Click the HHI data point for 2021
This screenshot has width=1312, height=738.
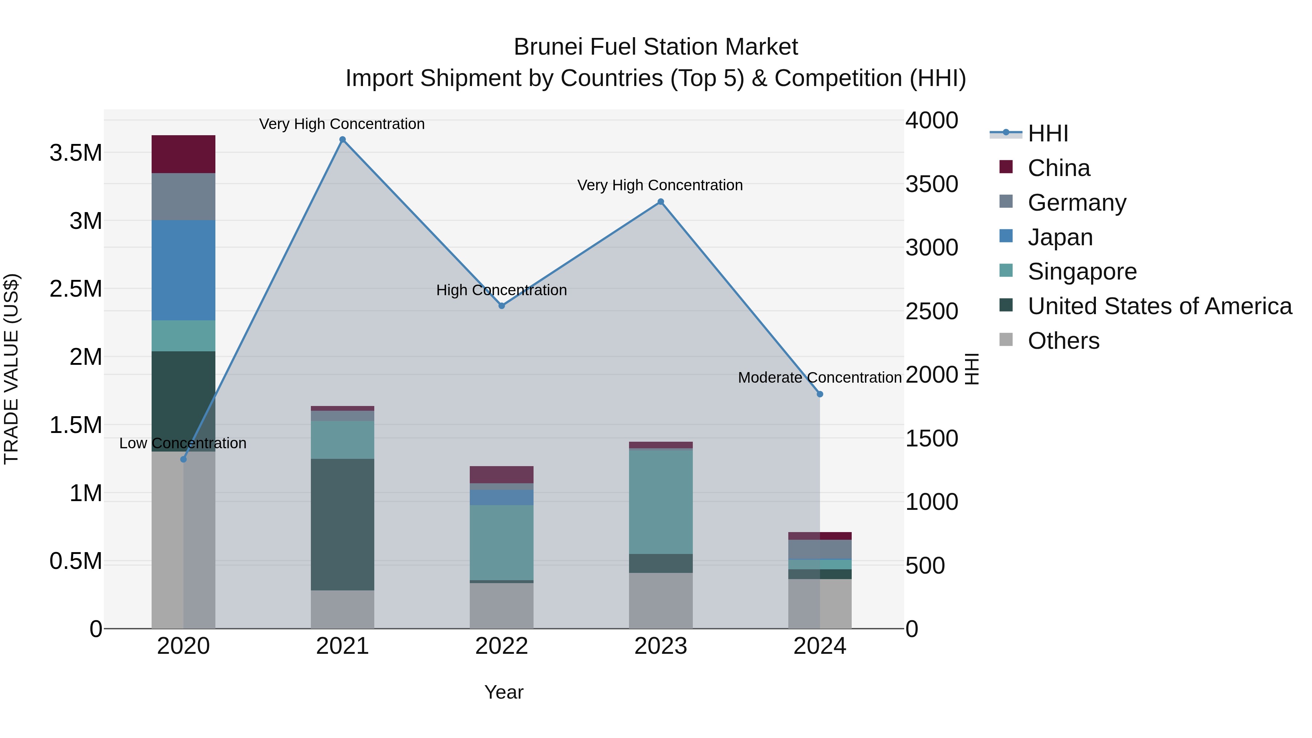coord(342,140)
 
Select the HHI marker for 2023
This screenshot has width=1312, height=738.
coord(661,202)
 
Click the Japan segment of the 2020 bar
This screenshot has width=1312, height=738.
coord(183,270)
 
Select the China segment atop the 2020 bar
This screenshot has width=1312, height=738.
coord(183,154)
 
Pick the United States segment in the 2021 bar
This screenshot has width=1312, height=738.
coord(342,524)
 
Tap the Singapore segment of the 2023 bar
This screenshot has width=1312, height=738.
coord(661,502)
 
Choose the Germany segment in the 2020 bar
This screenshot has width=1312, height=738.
coord(183,196)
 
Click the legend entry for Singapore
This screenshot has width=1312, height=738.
coord(1082,272)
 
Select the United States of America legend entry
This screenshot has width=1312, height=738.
coord(1159,306)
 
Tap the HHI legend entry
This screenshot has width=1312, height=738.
coord(1047,133)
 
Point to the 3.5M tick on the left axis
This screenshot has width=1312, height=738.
coord(75,153)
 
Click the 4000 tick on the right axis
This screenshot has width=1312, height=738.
coord(932,121)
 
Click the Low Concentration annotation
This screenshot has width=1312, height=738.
coord(183,443)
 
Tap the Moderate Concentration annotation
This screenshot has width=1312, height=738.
coord(820,378)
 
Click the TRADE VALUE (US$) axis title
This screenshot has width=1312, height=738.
coord(12,369)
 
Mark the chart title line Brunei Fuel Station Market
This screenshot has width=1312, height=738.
coord(656,47)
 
